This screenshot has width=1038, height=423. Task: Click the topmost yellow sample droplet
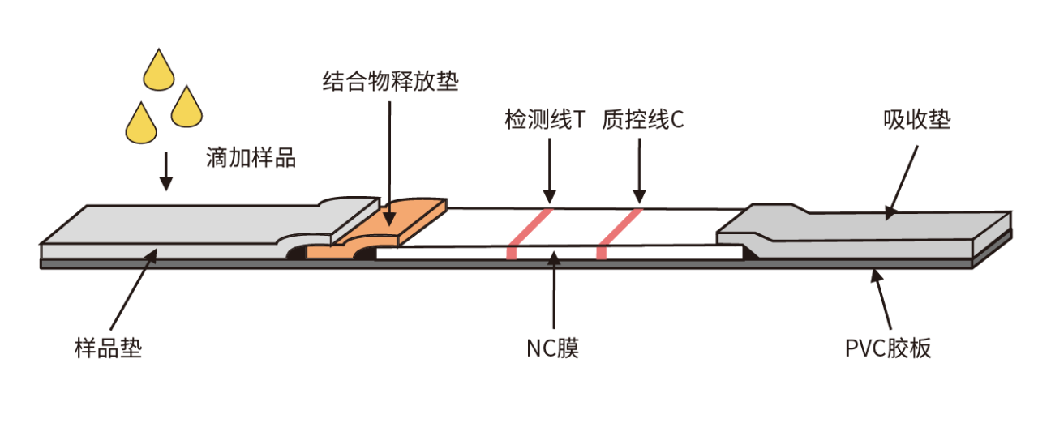(x=159, y=72)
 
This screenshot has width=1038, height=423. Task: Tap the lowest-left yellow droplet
(x=141, y=125)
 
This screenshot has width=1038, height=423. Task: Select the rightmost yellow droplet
(x=187, y=109)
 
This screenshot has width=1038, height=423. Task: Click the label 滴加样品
(x=251, y=158)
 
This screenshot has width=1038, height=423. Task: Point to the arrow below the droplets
(x=166, y=171)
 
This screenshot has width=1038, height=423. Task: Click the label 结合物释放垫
(x=391, y=82)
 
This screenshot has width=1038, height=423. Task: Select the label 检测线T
(x=546, y=120)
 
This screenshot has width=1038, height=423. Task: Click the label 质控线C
(x=643, y=120)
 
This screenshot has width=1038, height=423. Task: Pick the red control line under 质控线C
(x=620, y=233)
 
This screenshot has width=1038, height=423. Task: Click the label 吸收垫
(x=917, y=120)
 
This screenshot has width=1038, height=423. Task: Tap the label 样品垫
(x=109, y=348)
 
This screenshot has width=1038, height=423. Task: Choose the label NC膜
(x=553, y=348)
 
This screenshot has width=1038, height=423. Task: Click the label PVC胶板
(x=888, y=348)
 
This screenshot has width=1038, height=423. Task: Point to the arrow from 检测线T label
(x=550, y=171)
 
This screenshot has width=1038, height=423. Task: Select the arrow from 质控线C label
(x=640, y=171)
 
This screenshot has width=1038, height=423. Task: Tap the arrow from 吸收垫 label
(x=902, y=183)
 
